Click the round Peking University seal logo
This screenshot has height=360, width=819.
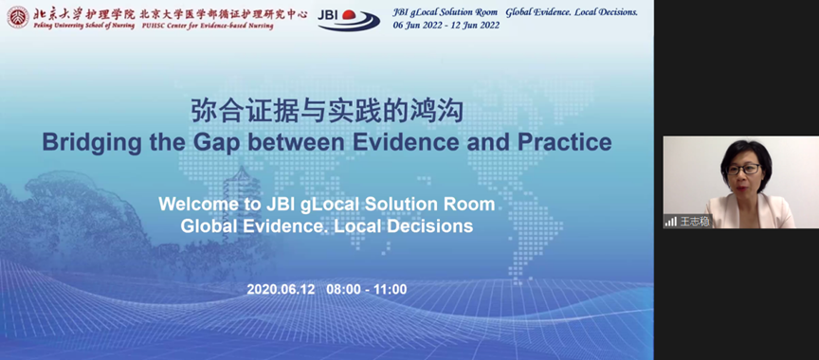18,17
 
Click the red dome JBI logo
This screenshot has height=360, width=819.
349,19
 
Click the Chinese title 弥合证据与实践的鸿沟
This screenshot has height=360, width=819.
327,111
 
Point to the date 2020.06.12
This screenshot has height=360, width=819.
281,289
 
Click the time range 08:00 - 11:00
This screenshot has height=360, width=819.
367,289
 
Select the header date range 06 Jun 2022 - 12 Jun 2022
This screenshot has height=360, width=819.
446,25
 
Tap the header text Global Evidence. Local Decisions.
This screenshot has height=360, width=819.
572,12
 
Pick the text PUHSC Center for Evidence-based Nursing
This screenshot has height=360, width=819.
208,26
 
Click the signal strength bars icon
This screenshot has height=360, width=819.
671,222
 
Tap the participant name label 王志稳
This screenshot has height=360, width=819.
695,222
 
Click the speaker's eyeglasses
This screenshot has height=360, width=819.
743,169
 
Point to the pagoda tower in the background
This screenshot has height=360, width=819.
242,189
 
